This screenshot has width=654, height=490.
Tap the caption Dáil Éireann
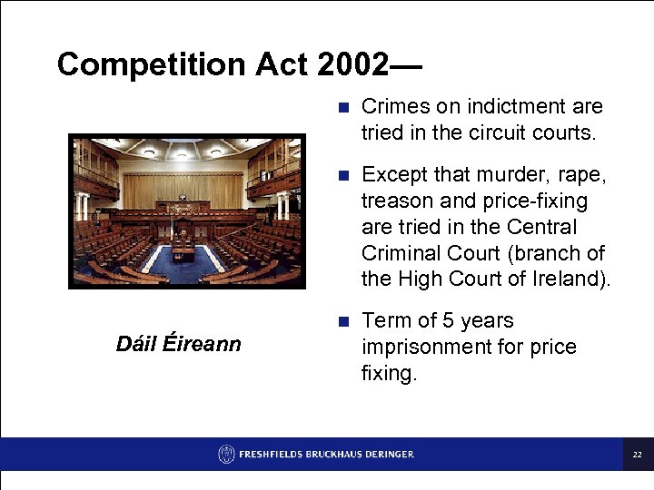tap(179, 344)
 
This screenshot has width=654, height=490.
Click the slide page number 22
tap(638, 454)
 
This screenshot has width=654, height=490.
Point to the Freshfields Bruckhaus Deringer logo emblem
tap(226, 454)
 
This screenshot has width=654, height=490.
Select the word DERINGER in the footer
tap(385, 454)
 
